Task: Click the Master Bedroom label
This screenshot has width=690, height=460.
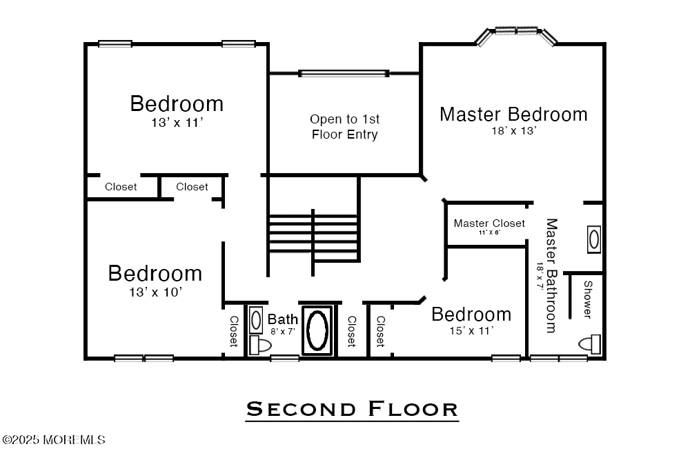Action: [513, 114]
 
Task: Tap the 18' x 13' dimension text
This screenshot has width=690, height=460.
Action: [514, 130]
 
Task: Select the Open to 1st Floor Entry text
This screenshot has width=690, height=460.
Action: [344, 127]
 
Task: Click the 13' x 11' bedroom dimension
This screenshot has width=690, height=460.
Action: [177, 122]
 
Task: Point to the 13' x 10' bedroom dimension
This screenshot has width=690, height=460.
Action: [155, 292]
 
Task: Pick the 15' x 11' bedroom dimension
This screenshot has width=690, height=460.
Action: [471, 330]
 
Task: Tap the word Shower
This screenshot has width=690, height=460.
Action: [588, 299]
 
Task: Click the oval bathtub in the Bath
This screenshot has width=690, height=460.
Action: [317, 331]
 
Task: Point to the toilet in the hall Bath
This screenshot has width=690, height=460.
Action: [259, 346]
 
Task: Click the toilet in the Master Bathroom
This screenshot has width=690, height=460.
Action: [590, 344]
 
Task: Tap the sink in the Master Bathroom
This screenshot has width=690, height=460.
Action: [594, 239]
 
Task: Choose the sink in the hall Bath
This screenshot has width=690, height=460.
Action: [256, 320]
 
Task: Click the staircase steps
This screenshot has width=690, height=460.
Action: [313, 234]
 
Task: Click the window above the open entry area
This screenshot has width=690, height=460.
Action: [344, 73]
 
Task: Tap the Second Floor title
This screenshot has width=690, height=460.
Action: [352, 410]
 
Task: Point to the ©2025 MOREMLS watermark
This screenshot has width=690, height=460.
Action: [54, 440]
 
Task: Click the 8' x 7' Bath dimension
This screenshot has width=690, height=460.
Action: [282, 331]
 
